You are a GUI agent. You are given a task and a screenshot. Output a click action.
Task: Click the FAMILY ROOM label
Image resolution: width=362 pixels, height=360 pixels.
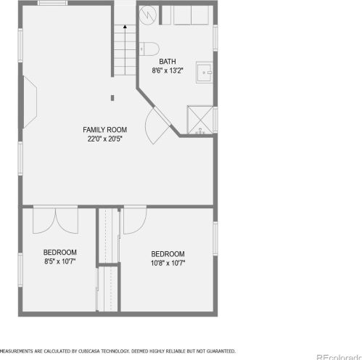(104, 130)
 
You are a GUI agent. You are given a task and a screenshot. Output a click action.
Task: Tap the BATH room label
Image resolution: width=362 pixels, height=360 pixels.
(168, 62)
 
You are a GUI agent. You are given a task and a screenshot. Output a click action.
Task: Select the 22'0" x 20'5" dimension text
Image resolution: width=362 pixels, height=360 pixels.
(104, 139)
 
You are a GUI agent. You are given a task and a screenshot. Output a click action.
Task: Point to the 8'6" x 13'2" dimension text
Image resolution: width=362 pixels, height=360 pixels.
(168, 70)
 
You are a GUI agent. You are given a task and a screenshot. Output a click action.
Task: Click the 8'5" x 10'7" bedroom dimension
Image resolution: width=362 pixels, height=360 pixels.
(60, 261)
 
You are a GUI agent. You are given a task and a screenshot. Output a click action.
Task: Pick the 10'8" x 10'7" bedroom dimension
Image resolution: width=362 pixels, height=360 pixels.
(168, 263)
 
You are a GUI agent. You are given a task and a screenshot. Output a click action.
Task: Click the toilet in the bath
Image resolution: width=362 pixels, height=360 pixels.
(149, 49)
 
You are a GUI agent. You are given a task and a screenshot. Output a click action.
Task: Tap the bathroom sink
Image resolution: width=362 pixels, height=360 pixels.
(205, 73)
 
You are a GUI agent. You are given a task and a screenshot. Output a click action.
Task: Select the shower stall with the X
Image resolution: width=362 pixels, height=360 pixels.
(200, 120)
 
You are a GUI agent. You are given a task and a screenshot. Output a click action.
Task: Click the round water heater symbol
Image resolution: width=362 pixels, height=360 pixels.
(148, 15)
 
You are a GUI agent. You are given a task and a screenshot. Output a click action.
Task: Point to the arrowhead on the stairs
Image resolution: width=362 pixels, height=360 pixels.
(125, 27)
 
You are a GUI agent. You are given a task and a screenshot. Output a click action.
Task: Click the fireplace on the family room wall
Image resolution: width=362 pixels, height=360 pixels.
(30, 102)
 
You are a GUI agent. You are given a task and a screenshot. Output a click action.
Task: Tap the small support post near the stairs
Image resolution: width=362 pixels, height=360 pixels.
(112, 98)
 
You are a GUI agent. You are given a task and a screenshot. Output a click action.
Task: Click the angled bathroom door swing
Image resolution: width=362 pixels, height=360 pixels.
(158, 126)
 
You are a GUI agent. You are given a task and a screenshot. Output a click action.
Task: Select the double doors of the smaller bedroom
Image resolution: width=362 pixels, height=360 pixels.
(55, 220)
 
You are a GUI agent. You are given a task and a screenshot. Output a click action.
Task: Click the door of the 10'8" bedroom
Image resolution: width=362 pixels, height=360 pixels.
(135, 220)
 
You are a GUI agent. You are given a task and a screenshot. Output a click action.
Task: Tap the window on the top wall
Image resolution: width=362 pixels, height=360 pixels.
(52, 3)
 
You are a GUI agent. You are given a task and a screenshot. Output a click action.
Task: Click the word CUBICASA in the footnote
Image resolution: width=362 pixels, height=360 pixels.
(89, 351)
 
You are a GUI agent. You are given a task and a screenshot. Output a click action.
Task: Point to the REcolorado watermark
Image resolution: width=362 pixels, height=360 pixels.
(339, 357)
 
